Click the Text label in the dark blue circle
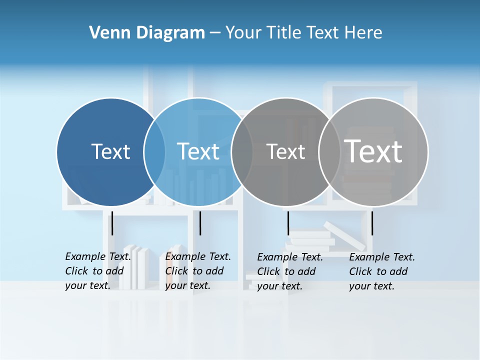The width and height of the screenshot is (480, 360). click(110, 151)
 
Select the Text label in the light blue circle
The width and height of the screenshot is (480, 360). click(198, 151)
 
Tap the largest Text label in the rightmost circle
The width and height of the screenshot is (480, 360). click(373, 151)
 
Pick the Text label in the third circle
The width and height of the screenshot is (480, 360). click(285, 152)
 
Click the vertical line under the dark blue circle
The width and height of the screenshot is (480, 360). click(112, 223)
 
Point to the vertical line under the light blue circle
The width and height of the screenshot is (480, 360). click(200, 223)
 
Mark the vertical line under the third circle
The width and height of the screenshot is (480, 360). click(288, 223)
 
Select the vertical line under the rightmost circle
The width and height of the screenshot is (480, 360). click(372, 223)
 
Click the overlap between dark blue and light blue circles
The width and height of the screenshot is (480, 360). click(154, 151)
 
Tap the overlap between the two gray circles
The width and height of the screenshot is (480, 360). click(329, 151)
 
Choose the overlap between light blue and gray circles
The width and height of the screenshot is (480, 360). click(242, 151)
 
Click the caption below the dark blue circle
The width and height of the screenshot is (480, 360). click(97, 271)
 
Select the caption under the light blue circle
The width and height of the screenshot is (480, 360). click(197, 271)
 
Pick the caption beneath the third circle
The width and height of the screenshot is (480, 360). click(289, 271)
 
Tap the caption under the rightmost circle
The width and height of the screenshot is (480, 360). click(381, 271)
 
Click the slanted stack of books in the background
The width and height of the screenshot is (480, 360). click(345, 235)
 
